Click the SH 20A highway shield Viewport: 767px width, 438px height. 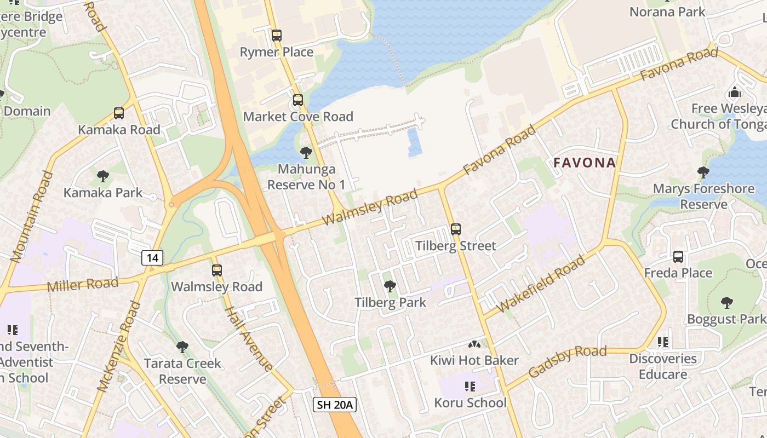point(335,405)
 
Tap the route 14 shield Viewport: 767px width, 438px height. point(152,257)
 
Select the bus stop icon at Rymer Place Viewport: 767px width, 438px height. point(277,36)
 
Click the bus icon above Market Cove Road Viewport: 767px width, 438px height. point(298,100)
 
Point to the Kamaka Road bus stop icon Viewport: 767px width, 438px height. point(119,113)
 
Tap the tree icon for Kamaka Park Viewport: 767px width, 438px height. point(102,176)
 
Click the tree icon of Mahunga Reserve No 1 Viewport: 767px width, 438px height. point(306,153)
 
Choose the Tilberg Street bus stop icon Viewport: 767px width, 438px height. point(456,229)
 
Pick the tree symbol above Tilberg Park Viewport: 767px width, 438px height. point(390,286)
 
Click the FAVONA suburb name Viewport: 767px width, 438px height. point(585,163)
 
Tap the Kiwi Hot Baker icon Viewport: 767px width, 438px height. point(474,344)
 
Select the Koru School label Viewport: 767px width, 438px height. point(471,403)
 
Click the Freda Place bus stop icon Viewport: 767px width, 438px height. point(678,257)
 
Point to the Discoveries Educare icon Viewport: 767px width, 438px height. point(663,343)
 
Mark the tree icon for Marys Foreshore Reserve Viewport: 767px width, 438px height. point(703,172)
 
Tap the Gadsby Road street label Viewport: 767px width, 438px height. point(567,361)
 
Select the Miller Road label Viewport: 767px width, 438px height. point(83,285)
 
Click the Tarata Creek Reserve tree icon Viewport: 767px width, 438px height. point(182,347)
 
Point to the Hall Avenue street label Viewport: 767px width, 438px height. point(250,338)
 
